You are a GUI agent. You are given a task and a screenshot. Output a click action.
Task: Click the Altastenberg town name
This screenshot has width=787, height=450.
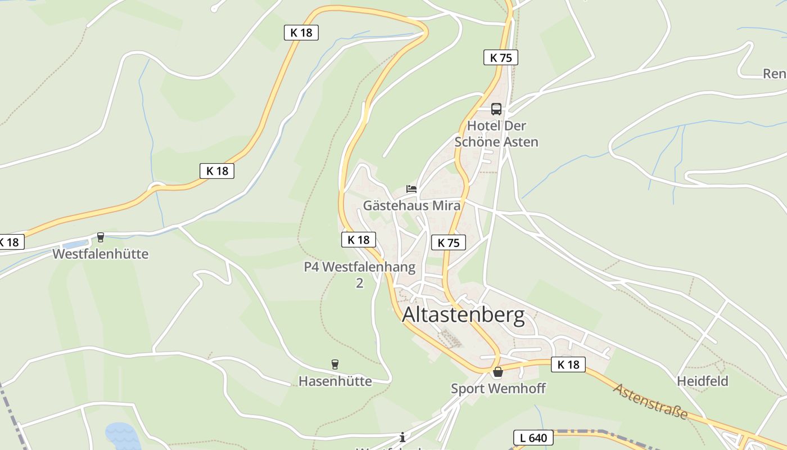(x=463, y=316)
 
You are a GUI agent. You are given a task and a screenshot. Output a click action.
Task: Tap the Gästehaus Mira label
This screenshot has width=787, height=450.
(x=411, y=205)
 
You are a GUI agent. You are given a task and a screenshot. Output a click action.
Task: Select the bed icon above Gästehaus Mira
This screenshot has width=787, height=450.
(x=411, y=189)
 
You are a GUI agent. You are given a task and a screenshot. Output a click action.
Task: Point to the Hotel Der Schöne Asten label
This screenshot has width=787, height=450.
(x=496, y=134)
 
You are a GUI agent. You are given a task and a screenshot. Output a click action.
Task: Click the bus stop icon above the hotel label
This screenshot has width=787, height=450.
(x=496, y=109)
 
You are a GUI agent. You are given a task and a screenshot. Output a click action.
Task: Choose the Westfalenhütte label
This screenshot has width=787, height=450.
(x=101, y=254)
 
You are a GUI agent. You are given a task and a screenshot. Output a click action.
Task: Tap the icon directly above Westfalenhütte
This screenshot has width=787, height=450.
(x=101, y=237)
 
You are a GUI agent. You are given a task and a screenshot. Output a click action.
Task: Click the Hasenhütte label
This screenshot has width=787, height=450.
(x=335, y=381)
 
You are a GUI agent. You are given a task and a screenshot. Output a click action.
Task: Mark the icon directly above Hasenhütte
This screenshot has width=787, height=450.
(x=335, y=364)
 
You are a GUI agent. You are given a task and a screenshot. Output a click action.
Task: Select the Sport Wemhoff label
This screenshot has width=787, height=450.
(x=498, y=388)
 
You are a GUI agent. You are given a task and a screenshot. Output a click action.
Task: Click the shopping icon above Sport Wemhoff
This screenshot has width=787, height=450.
(x=498, y=372)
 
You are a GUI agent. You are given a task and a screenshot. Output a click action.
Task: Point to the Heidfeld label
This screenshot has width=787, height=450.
(x=702, y=381)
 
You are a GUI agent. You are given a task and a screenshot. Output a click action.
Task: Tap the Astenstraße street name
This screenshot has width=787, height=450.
(x=650, y=401)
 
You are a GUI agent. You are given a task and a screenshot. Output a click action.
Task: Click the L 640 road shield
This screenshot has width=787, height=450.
(x=533, y=438)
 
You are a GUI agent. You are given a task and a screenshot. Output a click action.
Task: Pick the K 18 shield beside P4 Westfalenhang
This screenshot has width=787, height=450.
(x=358, y=240)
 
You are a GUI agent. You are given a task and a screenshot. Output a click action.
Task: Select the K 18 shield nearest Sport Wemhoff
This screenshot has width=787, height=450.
(x=568, y=364)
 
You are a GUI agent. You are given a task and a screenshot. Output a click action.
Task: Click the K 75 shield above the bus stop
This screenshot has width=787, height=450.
(x=500, y=57)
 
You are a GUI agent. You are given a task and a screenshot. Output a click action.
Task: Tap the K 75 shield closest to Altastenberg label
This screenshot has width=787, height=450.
(x=449, y=242)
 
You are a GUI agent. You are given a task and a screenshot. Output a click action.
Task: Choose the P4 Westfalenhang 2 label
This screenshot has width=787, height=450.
(x=360, y=274)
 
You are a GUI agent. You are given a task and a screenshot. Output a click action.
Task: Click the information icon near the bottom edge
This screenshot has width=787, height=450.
(x=402, y=437)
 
